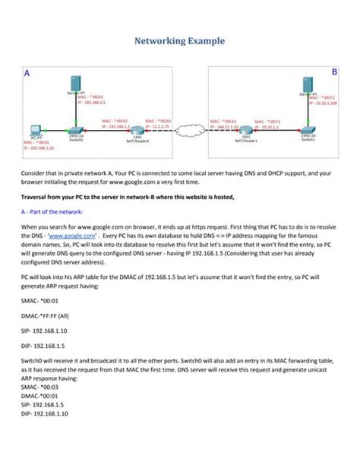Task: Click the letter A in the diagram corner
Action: pos(27,74)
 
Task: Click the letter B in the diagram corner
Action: pos(334,71)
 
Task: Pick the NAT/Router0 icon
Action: pos(138,131)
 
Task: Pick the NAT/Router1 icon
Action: pos(246,131)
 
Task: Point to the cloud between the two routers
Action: pos(192,127)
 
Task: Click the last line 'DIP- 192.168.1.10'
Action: pos(44,413)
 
